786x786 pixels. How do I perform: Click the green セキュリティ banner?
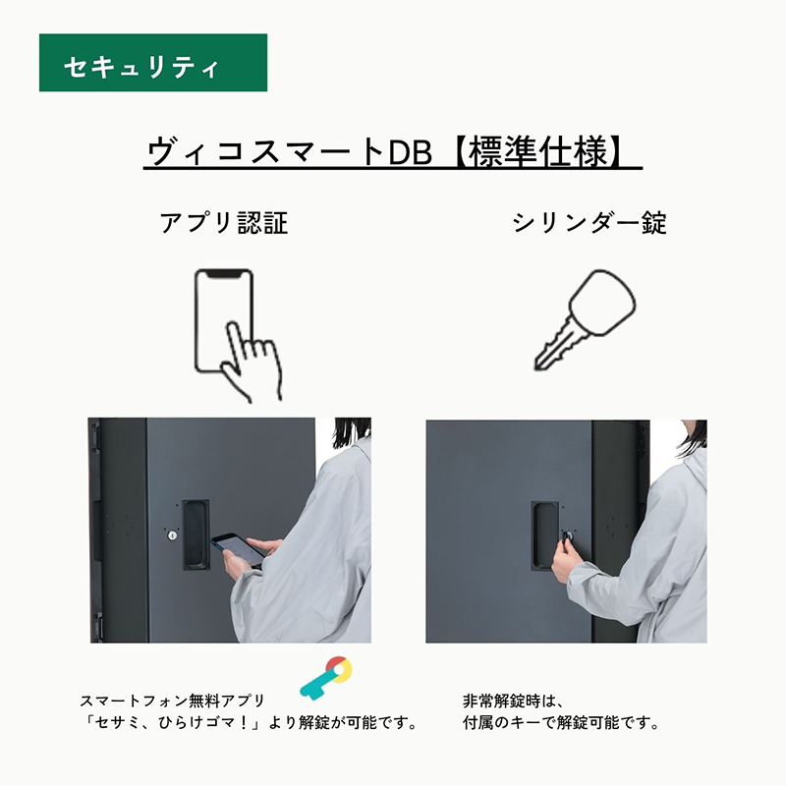[153, 63]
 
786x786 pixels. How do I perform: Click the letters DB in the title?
[410, 152]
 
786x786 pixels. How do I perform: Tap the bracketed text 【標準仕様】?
[540, 152]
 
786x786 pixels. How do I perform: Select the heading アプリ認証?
[224, 223]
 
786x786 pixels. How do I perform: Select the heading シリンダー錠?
[589, 223]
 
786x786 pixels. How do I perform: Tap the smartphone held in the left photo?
[238, 549]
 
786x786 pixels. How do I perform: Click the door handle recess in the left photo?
[196, 534]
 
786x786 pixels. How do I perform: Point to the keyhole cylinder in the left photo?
[172, 535]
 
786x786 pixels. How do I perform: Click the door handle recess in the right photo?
[545, 535]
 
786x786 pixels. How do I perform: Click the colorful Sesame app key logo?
[326, 678]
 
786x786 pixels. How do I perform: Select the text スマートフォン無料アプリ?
[172, 701]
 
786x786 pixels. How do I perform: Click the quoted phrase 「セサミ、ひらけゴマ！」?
[174, 723]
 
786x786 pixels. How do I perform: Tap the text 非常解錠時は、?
[513, 701]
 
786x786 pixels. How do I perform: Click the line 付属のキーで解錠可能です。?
[560, 723]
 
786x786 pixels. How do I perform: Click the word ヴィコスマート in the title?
[265, 152]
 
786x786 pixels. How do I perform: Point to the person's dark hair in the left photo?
[352, 432]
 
